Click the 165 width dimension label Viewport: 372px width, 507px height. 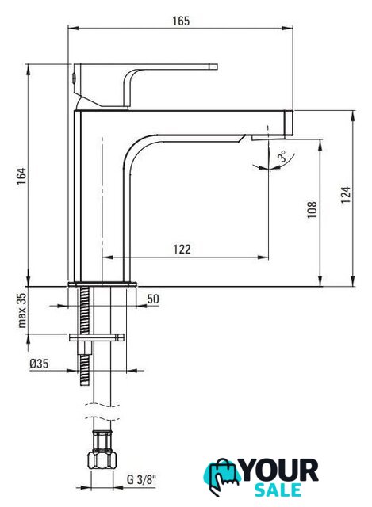pyautogui.click(x=181, y=21)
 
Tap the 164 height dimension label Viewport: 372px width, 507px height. pyautogui.click(x=21, y=176)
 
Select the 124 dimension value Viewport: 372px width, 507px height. pyautogui.click(x=346, y=195)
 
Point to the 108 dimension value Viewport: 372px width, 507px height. pyautogui.click(x=312, y=209)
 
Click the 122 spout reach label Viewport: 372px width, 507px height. pyautogui.click(x=182, y=250)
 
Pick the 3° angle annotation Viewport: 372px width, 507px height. pyautogui.click(x=282, y=156)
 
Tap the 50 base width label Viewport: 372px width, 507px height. pyautogui.click(x=153, y=299)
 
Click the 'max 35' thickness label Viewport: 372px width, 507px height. pyautogui.click(x=21, y=311)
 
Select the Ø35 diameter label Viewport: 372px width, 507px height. pyautogui.click(x=39, y=364)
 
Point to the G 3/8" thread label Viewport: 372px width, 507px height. pyautogui.click(x=141, y=479)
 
